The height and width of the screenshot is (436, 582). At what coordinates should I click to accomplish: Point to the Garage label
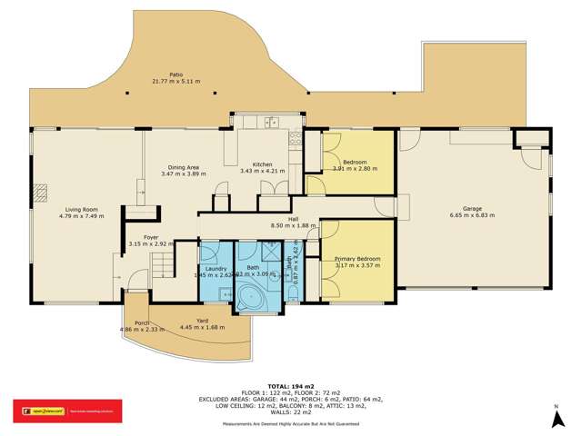tap(472, 209)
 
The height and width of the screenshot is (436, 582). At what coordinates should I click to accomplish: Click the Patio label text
tap(175, 75)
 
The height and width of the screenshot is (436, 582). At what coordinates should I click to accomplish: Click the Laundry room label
tap(216, 269)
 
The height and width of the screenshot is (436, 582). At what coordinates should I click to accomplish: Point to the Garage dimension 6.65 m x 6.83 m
tap(472, 216)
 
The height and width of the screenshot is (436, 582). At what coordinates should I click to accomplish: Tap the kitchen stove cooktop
tap(295, 139)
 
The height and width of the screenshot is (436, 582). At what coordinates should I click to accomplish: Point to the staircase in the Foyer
tap(161, 264)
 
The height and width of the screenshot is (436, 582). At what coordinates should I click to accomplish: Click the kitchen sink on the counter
tap(269, 121)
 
